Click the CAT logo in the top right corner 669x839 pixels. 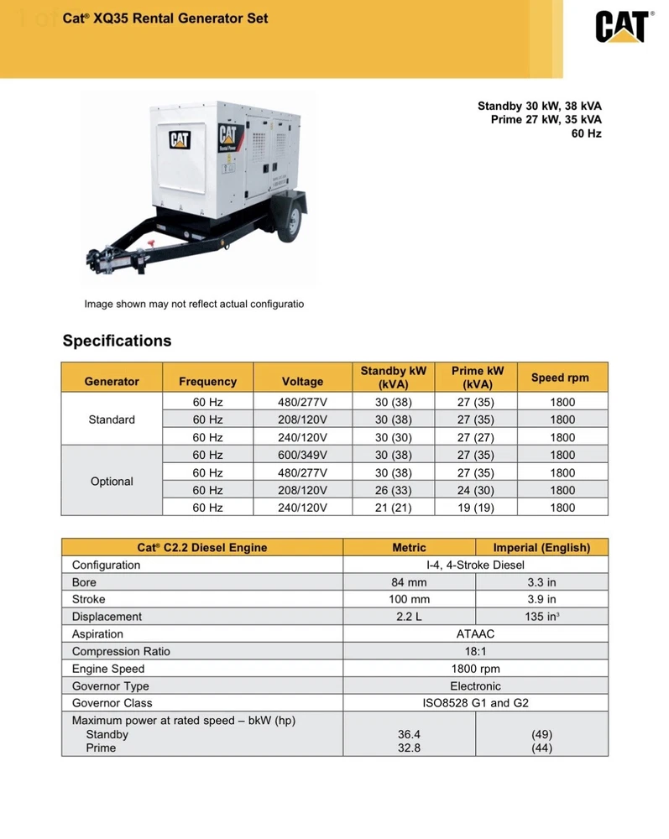tap(622, 27)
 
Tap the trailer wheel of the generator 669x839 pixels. tap(288, 220)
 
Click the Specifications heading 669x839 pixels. tap(117, 341)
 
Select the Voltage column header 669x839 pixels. tap(302, 381)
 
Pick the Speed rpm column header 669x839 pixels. tap(560, 378)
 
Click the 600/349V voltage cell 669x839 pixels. tap(302, 455)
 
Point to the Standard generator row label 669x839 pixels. tap(112, 419)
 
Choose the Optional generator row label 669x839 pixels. tap(112, 482)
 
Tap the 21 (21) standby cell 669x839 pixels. tap(393, 508)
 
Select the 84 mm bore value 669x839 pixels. tap(409, 582)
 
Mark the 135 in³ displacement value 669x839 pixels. tap(541, 617)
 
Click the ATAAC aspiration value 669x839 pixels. tap(475, 634)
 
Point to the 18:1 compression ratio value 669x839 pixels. tap(475, 652)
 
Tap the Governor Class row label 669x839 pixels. tap(112, 703)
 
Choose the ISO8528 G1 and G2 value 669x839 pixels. tap(475, 703)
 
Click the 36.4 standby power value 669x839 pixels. tap(409, 734)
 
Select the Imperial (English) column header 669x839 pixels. tap(541, 548)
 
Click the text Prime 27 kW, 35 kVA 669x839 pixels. tap(546, 120)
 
